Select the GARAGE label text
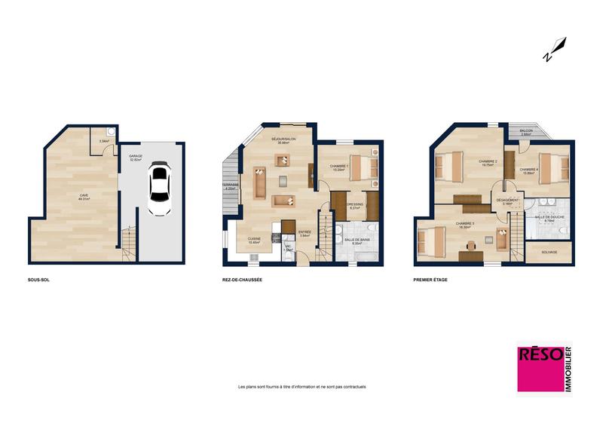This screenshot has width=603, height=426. (x=136, y=157)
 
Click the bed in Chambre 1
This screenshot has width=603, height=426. (x=361, y=168)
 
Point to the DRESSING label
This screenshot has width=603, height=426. (x=355, y=204)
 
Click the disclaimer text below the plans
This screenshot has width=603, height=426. (x=301, y=387)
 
